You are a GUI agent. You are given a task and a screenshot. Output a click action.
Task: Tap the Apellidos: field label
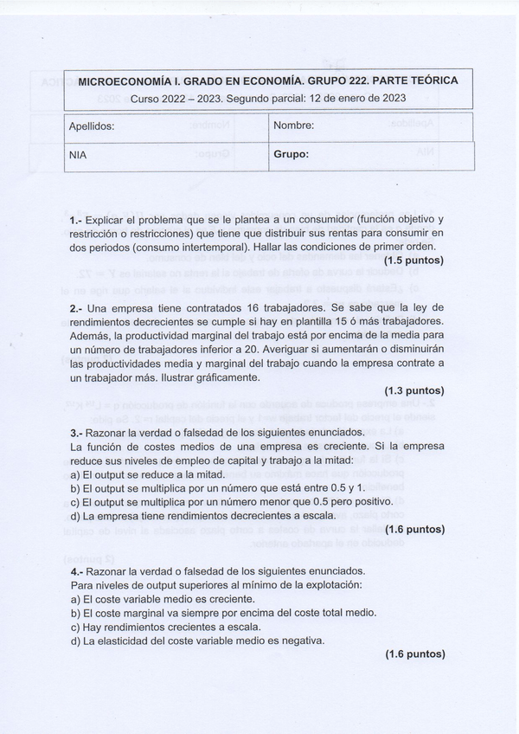[92, 126]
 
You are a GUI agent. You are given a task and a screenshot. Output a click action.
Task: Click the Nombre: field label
[294, 126]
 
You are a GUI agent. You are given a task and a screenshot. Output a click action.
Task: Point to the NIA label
[78, 156]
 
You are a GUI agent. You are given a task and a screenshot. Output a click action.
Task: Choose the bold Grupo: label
[292, 156]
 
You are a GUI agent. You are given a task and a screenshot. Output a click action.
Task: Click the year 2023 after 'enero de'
[391, 98]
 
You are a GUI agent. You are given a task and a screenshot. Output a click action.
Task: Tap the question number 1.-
[76, 220]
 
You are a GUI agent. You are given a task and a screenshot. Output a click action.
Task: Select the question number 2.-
[76, 308]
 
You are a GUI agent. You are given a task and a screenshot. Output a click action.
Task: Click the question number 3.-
[76, 432]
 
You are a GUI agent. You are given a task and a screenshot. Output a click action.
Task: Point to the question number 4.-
[76, 571]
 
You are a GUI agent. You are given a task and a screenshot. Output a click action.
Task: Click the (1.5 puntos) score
[414, 259]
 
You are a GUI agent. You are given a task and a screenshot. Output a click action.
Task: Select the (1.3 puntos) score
[414, 390]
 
